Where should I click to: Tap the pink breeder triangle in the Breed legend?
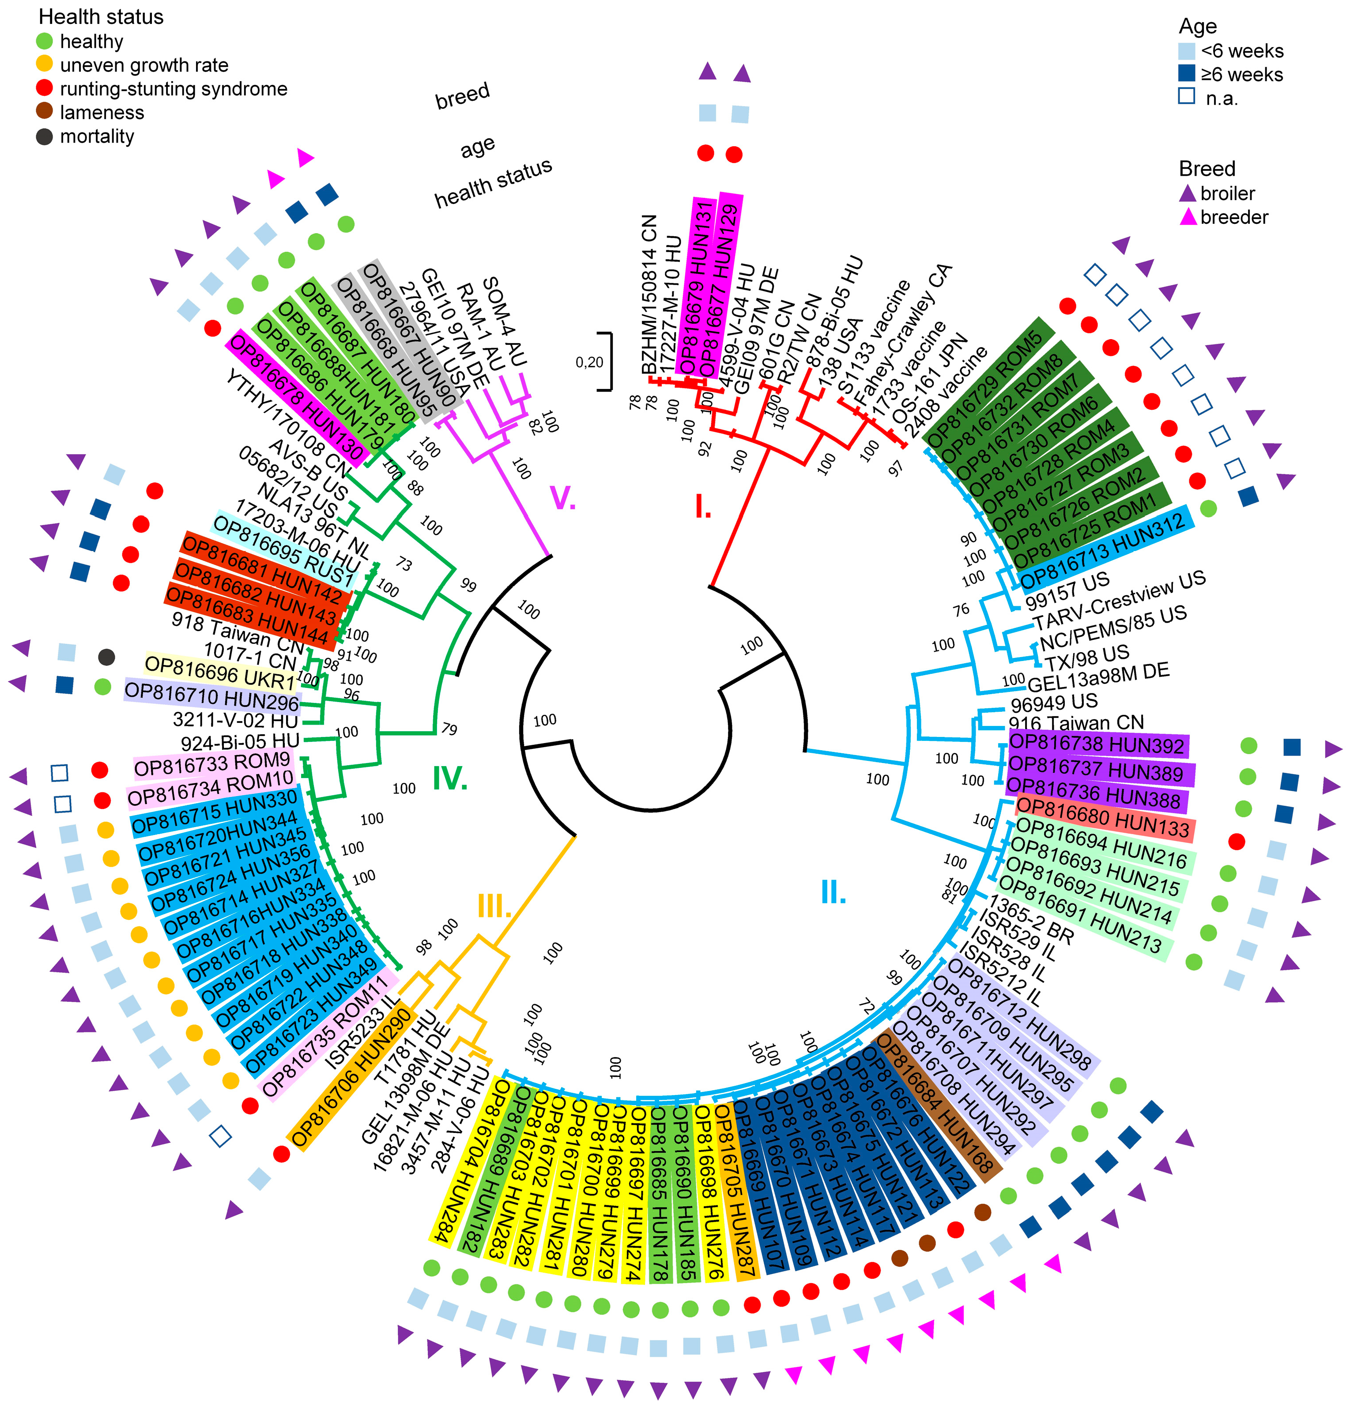pos(1188,216)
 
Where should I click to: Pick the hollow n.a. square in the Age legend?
pos(1187,97)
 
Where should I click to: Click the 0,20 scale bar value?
pos(589,363)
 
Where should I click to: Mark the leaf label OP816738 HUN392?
pos(1097,745)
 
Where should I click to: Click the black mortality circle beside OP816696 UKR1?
pos(106,656)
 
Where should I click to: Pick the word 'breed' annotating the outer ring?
pos(462,96)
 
